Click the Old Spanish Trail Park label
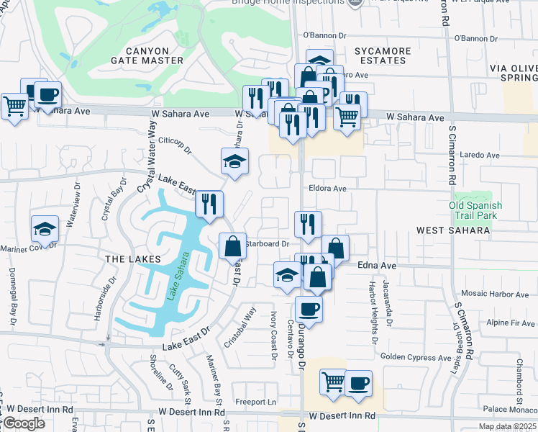pyautogui.click(x=475, y=210)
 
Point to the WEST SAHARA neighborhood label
pyautogui.click(x=453, y=230)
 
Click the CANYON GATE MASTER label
pyautogui.click(x=154, y=55)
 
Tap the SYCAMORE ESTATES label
pyautogui.click(x=383, y=56)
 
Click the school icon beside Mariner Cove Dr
pyautogui.click(x=45, y=230)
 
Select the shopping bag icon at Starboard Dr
pyautogui.click(x=233, y=246)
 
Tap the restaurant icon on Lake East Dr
pyautogui.click(x=209, y=204)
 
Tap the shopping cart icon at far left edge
pyautogui.click(x=14, y=106)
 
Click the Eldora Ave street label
pyautogui.click(x=329, y=189)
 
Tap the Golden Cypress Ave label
pyautogui.click(x=416, y=356)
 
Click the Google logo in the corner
pyautogui.click(x=24, y=423)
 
